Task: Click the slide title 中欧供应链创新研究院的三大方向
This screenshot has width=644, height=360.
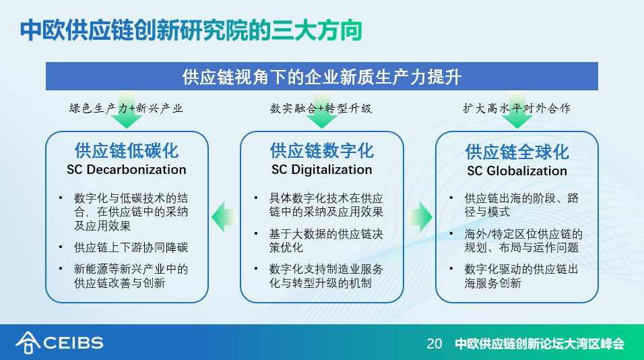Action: (191, 30)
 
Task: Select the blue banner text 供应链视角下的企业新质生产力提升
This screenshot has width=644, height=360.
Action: (322, 77)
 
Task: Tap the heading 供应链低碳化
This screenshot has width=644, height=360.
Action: (127, 151)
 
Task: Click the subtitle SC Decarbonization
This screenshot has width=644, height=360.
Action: (127, 169)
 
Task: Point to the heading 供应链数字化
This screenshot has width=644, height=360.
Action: (322, 151)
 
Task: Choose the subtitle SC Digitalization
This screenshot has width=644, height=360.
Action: (322, 169)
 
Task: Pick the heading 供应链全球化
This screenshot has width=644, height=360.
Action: (517, 152)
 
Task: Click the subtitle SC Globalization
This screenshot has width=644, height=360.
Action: (517, 171)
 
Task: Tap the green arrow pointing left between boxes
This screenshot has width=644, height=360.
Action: (224, 217)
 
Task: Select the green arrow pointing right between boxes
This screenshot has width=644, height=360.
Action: (420, 217)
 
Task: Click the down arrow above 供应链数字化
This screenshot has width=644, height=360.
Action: (322, 110)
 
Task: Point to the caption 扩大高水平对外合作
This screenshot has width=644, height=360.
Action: (517, 108)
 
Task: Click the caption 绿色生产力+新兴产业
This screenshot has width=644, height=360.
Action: (126, 108)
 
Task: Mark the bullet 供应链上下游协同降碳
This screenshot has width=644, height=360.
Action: (131, 247)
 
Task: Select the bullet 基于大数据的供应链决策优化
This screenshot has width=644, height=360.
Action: (326, 241)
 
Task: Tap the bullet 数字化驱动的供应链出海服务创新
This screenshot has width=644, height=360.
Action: (521, 276)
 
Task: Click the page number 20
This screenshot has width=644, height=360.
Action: (434, 344)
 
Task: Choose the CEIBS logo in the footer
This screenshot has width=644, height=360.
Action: (59, 342)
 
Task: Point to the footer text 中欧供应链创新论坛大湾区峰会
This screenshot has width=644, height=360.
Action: (540, 344)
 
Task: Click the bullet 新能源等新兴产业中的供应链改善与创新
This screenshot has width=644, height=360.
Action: (131, 276)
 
